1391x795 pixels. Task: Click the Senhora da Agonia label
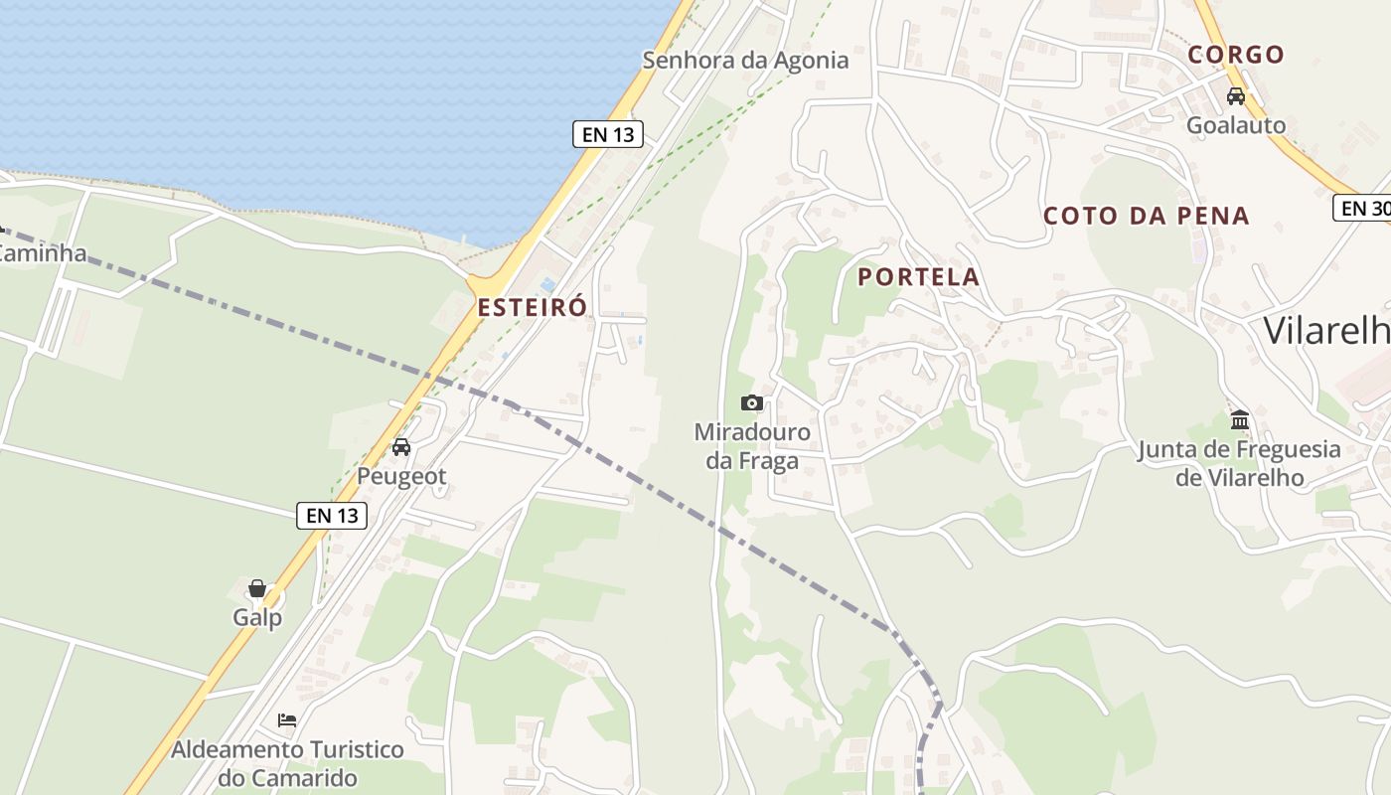[745, 61]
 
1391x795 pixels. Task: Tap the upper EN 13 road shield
[607, 134]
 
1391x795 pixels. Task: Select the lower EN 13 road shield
[332, 515]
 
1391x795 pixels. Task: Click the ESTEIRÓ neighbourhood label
[532, 307]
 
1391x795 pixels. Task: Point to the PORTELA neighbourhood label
[919, 277]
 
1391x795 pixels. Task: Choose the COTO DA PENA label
[1146, 216]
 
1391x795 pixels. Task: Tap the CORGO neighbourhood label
[1236, 55]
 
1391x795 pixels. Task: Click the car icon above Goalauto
[1236, 96]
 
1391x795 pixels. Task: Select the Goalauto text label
[1236, 125]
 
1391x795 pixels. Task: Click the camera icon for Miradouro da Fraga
[752, 402]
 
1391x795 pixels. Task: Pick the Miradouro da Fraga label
[752, 446]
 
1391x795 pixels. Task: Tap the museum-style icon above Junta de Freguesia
[1239, 419]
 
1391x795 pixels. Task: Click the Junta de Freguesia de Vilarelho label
[1239, 463]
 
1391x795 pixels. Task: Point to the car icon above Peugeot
[401, 447]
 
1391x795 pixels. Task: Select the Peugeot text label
[401, 476]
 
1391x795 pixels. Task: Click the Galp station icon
[257, 588]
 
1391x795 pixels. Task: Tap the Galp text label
[257, 617]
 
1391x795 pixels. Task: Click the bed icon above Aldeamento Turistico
[287, 719]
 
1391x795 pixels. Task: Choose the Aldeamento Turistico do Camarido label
[287, 763]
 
